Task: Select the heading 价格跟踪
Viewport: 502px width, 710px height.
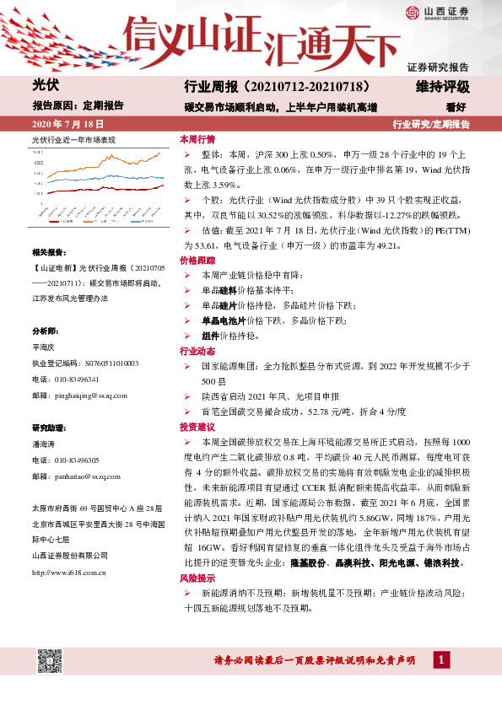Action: click(x=197, y=263)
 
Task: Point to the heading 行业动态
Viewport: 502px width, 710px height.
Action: click(x=197, y=351)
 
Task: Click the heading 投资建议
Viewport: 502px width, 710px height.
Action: click(x=197, y=428)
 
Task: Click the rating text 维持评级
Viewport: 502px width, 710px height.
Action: click(x=443, y=87)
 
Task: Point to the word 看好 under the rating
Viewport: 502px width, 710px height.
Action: click(x=456, y=107)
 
